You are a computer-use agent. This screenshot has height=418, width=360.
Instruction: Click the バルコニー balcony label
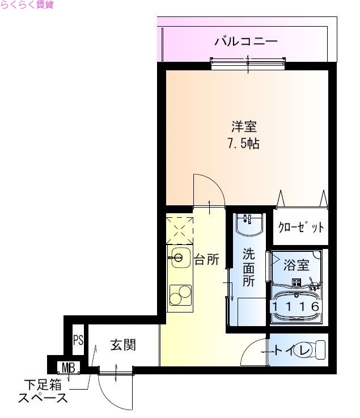tap(245, 41)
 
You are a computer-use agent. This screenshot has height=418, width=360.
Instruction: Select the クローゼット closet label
tap(301, 228)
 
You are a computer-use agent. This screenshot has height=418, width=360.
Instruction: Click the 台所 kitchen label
tap(207, 260)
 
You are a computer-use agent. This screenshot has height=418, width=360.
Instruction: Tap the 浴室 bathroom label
tap(297, 265)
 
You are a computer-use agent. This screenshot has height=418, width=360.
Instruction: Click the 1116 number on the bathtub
tap(297, 306)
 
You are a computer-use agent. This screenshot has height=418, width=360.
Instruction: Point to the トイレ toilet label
tap(293, 351)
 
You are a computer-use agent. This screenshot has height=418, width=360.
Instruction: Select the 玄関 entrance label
tap(122, 345)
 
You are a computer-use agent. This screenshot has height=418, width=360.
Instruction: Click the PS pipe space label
tap(78, 341)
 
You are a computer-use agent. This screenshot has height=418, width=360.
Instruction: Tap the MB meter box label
tap(69, 368)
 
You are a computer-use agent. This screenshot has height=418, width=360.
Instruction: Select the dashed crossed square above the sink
tap(179, 229)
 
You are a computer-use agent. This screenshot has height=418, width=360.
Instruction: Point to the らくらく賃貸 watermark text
tap(27, 6)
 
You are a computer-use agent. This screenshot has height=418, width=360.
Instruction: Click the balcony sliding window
tap(248, 61)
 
